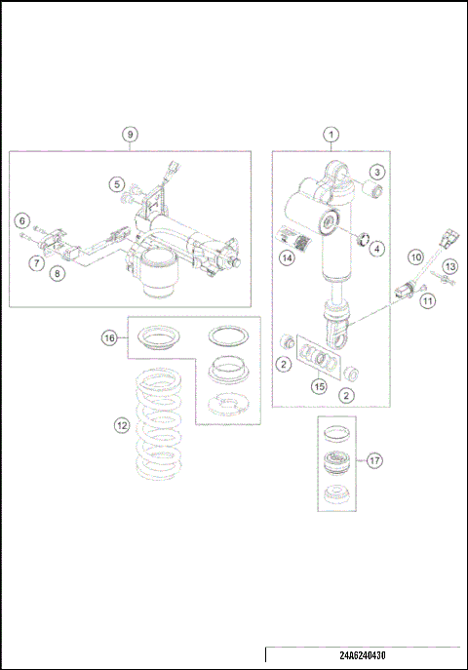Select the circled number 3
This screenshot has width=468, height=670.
[375, 171]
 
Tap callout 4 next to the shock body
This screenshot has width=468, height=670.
[376, 249]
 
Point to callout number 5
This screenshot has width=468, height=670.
[116, 182]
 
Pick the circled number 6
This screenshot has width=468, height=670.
[21, 221]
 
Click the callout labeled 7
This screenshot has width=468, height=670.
[34, 262]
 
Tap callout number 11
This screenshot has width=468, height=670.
[426, 301]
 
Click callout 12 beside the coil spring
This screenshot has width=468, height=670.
[120, 425]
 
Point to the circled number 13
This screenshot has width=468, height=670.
[449, 266]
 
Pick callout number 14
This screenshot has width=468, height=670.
[287, 257]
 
